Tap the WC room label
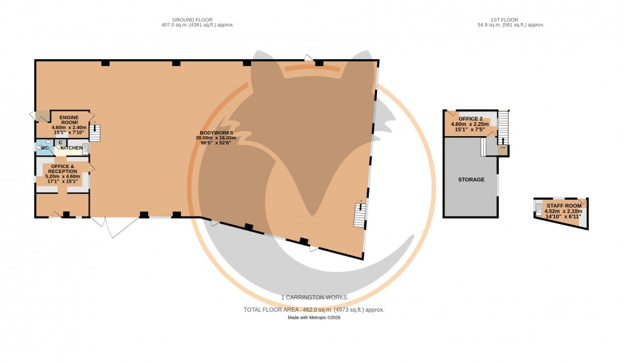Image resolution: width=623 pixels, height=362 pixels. click(x=44, y=148)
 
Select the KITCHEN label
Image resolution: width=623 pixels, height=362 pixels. click(x=72, y=148)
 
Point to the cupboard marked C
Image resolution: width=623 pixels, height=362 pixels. click(x=60, y=143)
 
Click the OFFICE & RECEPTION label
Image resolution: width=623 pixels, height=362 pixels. click(x=63, y=169)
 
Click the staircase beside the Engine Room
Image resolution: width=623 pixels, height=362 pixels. click(x=95, y=132)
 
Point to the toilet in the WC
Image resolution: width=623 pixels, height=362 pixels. click(x=38, y=148)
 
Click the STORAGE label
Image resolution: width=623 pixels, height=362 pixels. click(x=471, y=179)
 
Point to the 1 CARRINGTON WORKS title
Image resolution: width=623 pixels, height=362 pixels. click(x=314, y=297)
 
